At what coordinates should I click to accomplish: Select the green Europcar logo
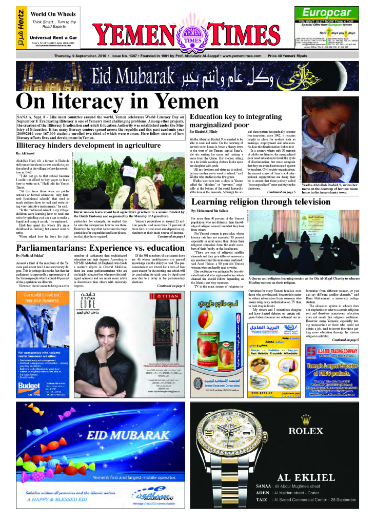click(327, 12)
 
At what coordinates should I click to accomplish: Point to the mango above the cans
click(213, 326)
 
